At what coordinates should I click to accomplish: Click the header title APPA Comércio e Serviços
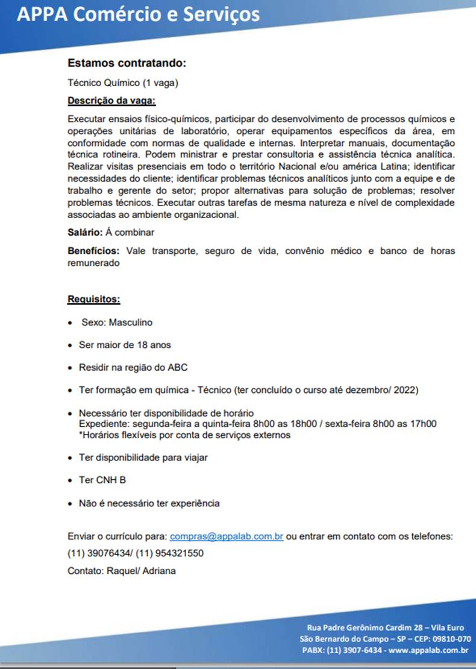click(x=138, y=14)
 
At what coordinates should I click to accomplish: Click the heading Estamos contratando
click(x=127, y=63)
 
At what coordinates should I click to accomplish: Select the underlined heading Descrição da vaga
click(x=111, y=100)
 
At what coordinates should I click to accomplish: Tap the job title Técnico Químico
click(x=103, y=82)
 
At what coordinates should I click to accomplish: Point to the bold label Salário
click(x=85, y=232)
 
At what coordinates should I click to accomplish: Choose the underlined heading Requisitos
click(x=93, y=299)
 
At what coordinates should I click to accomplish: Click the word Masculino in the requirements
click(x=131, y=322)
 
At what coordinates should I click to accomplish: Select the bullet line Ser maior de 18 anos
click(x=125, y=345)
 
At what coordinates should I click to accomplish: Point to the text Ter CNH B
click(x=102, y=480)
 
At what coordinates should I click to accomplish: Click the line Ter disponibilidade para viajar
click(x=143, y=457)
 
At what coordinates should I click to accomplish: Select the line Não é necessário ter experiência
click(x=149, y=503)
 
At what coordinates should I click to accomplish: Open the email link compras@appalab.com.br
click(x=227, y=536)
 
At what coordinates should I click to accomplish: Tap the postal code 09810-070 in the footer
click(x=449, y=639)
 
